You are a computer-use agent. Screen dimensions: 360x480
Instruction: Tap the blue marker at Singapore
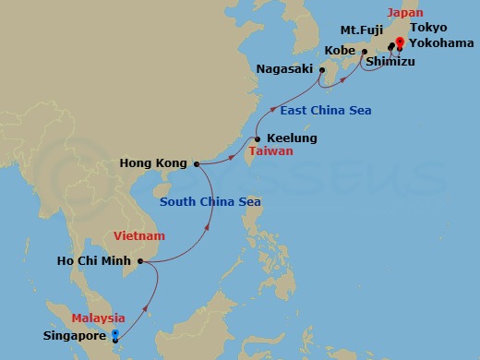point(114,335)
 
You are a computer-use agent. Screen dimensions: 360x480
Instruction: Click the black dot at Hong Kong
point(196,164)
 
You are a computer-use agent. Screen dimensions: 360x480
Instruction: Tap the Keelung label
point(292,138)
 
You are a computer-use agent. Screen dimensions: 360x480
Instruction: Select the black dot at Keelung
point(258,139)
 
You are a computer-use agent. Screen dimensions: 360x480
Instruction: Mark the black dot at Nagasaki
point(322,69)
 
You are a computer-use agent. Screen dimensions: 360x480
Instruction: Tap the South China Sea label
point(210,202)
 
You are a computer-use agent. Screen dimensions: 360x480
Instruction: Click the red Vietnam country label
point(138,236)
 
